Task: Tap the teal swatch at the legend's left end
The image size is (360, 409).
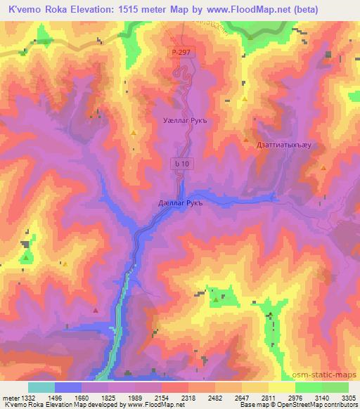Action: (41, 387)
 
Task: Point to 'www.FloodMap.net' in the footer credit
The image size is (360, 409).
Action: (150, 405)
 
